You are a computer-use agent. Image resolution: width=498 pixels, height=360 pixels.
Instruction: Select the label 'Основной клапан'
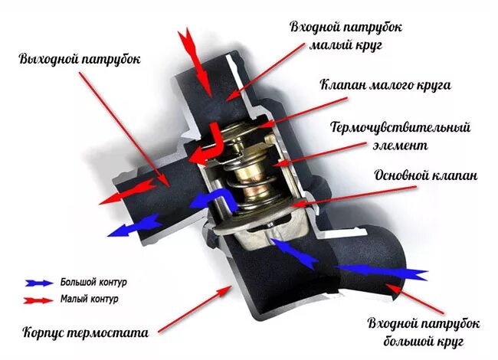(425, 175)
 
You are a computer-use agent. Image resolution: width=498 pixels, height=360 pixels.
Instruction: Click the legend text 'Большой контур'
(93, 281)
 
